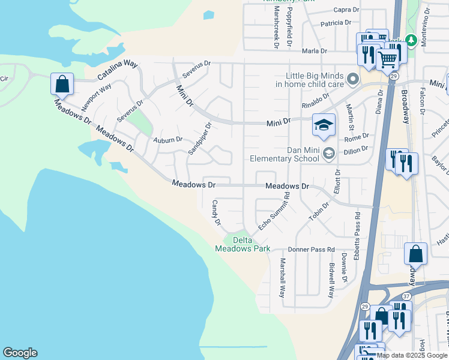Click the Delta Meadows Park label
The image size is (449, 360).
pos(247,244)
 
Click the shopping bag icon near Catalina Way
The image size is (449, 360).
pos(62,84)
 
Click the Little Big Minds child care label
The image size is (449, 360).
pos(309,80)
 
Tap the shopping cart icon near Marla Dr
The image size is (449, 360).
pos(388,59)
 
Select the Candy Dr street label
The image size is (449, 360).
pos(215,213)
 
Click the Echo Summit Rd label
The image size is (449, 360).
pos(274,210)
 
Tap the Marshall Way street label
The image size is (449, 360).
pos(282,277)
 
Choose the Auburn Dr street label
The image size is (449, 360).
pos(167,140)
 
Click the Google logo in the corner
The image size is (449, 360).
pos(20,353)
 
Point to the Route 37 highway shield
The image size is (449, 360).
pos(406,296)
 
